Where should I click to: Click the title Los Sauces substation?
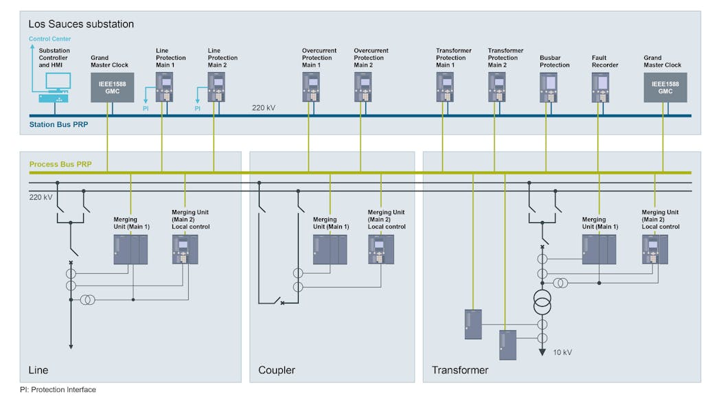tap(81, 24)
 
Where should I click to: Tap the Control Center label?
tap(49, 39)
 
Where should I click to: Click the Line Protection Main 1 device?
tap(163, 86)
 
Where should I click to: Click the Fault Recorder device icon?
tap(601, 87)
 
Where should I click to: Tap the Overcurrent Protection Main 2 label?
tap(371, 58)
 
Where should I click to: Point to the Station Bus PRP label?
tap(58, 125)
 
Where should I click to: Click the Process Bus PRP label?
tap(60, 165)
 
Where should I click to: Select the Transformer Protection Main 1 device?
tap(446, 87)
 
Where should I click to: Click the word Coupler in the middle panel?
tap(276, 371)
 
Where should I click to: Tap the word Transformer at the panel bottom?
tap(459, 371)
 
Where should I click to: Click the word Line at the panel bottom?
tap(38, 371)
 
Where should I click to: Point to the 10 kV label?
tap(562, 352)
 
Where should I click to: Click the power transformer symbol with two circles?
tap(542, 301)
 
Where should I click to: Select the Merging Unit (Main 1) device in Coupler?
tap(330, 249)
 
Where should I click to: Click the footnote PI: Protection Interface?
tap(58, 390)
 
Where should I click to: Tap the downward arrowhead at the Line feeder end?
tap(70, 347)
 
